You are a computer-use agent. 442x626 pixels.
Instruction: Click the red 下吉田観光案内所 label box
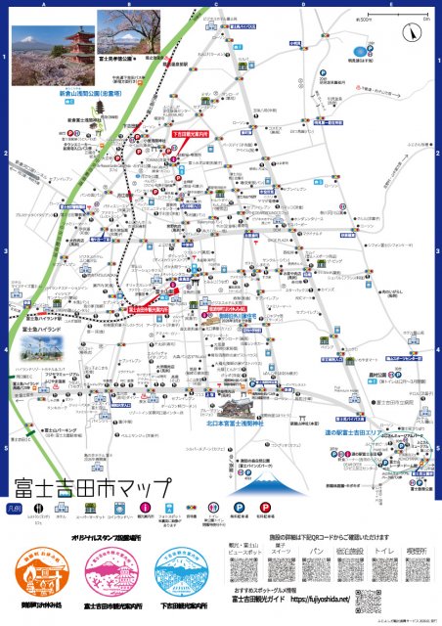pos(191,133)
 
